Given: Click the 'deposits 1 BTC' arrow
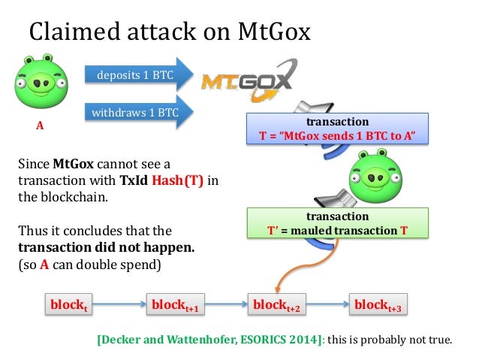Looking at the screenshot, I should click(x=135, y=74).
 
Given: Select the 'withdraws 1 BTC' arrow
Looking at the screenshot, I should click(x=135, y=113).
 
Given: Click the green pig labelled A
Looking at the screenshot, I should click(x=41, y=82).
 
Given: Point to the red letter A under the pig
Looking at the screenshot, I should click(x=41, y=127).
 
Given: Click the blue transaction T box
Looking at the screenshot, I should click(x=337, y=129).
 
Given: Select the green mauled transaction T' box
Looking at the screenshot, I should click(x=337, y=223).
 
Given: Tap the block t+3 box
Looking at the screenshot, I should click(x=378, y=305).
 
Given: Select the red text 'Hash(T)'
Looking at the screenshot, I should click(x=178, y=181).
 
